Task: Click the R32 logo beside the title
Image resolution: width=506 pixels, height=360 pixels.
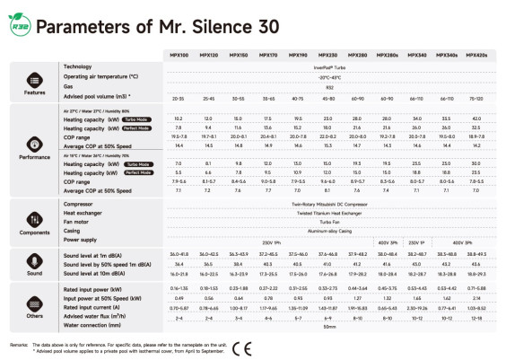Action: (x=19, y=27)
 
